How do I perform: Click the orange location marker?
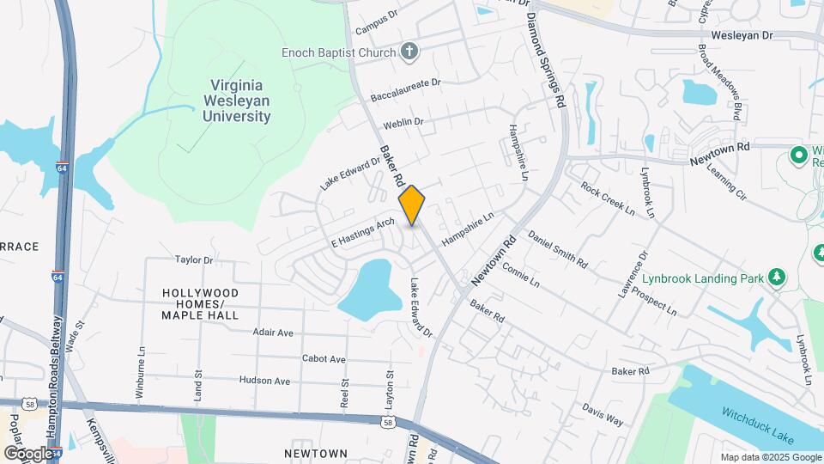(x=412, y=205)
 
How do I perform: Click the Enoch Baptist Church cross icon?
(x=409, y=52)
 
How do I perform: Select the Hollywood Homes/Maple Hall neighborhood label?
(x=200, y=304)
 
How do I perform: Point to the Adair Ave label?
(x=273, y=333)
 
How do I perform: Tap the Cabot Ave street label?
(x=324, y=359)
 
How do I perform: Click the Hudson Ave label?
(x=264, y=380)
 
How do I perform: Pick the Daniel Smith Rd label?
(x=557, y=248)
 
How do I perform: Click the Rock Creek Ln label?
(x=607, y=198)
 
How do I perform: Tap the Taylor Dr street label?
(x=193, y=259)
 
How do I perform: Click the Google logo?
(x=28, y=453)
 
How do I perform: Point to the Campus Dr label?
(x=378, y=21)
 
